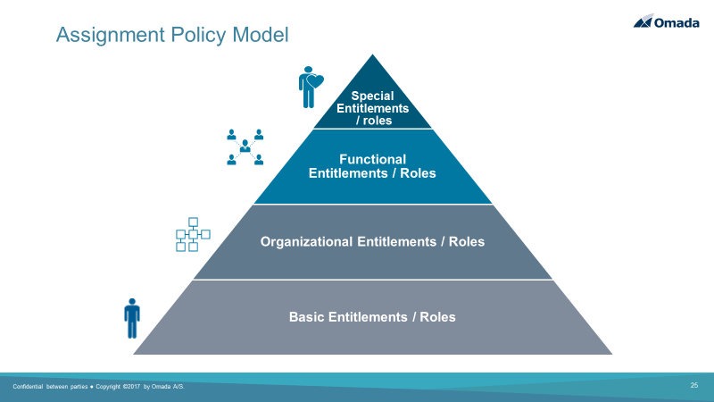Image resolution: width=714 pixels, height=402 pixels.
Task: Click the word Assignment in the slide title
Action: click(x=111, y=36)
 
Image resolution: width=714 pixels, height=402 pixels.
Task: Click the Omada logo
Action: click(x=666, y=21)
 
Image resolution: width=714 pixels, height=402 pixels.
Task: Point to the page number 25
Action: click(x=694, y=385)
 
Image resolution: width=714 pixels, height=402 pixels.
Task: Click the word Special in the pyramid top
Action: click(x=372, y=96)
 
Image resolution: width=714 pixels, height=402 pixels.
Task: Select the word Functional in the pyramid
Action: click(x=372, y=159)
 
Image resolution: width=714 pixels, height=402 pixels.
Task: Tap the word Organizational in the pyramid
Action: click(x=306, y=241)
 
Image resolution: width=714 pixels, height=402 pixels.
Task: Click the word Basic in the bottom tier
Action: click(x=306, y=317)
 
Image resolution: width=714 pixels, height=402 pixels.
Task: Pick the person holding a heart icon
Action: click(x=311, y=87)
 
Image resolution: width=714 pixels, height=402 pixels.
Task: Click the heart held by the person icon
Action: click(x=315, y=81)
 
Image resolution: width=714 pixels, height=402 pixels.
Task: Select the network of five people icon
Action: click(x=245, y=147)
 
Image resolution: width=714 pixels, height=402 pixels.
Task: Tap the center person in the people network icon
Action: click(x=245, y=146)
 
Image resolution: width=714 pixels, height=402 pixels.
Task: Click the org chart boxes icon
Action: click(x=193, y=234)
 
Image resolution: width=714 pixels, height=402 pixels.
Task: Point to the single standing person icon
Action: click(x=132, y=318)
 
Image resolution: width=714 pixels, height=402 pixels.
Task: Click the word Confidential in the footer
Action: click(x=28, y=387)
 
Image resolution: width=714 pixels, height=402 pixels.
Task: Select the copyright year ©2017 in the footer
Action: click(x=131, y=387)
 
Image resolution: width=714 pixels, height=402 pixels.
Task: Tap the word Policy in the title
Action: click(x=199, y=36)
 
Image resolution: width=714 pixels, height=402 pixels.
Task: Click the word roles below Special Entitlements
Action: click(x=378, y=121)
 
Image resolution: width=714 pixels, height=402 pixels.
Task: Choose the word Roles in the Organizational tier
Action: click(x=467, y=241)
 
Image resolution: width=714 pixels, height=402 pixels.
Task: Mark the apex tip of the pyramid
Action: click(x=372, y=54)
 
